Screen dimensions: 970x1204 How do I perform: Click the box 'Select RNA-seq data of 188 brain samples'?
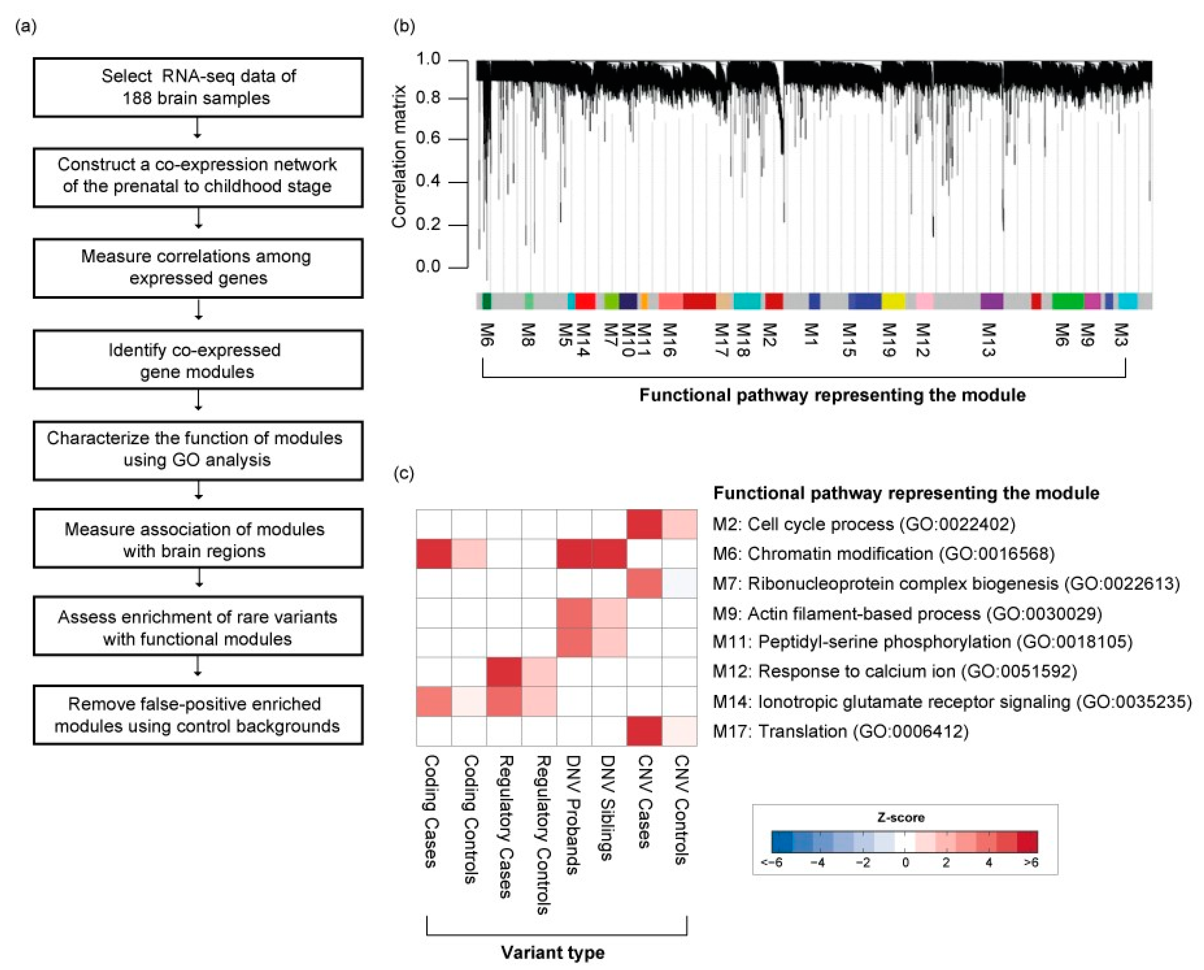pyautogui.click(x=198, y=87)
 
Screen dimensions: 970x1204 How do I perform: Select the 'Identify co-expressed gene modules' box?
pyautogui.click(x=198, y=360)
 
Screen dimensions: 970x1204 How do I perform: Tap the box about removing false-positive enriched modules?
pyautogui.click(x=198, y=715)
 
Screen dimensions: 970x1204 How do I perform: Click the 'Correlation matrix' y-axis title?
pyautogui.click(x=398, y=156)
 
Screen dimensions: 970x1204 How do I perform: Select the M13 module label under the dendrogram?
pyautogui.click(x=988, y=339)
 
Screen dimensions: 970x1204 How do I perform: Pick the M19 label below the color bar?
pyautogui.click(x=888, y=339)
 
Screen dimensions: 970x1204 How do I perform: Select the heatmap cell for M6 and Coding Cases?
pyautogui.click(x=434, y=553)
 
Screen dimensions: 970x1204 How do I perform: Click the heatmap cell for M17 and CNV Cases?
pyautogui.click(x=644, y=730)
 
